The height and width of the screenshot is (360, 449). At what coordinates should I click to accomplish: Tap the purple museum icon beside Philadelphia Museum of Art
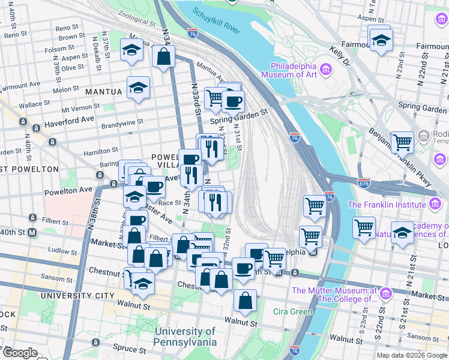[327, 70]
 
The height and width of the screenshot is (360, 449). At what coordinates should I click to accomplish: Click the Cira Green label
[293, 311]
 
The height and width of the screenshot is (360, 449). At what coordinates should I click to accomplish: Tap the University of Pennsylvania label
[185, 337]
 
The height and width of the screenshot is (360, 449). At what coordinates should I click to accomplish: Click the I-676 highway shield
[364, 182]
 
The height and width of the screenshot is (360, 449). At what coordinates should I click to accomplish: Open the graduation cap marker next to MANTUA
[138, 88]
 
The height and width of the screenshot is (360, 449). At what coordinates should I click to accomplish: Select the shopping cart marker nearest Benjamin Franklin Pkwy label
[402, 142]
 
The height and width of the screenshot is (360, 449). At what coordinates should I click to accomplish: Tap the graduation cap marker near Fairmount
[381, 40]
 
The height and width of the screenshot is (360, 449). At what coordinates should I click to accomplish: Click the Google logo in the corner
[20, 353]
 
